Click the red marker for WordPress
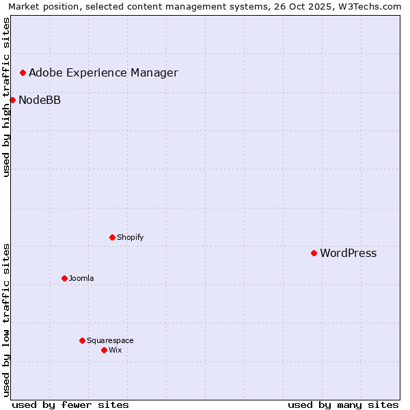tap(314, 253)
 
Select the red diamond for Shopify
tap(112, 237)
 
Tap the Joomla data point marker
tap(64, 278)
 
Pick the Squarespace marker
tap(82, 340)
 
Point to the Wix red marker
tap(104, 350)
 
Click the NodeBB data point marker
tap(12, 100)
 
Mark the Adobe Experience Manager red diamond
tap(23, 72)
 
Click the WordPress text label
tap(348, 253)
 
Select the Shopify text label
tap(130, 237)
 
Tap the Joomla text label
tap(81, 278)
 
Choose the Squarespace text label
tap(110, 340)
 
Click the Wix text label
tap(115, 350)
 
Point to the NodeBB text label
tap(40, 100)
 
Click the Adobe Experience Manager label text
tap(103, 73)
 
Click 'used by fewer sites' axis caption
tap(70, 405)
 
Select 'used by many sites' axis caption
tap(343, 405)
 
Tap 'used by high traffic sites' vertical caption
tap(6, 97)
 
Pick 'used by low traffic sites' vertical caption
tap(6, 320)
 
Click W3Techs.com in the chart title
tap(370, 7)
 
